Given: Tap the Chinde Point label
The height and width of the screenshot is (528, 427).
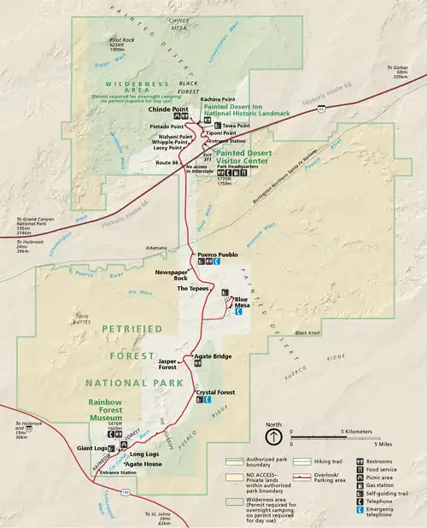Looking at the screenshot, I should pyautogui.click(x=167, y=109).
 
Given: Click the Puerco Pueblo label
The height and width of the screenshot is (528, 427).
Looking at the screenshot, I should pyautogui.click(x=217, y=255).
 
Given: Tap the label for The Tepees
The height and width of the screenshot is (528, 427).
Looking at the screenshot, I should pyautogui.click(x=192, y=289).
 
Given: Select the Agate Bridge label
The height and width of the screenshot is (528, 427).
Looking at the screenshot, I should pyautogui.click(x=213, y=355).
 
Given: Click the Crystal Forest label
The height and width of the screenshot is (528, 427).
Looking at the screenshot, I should pyautogui.click(x=215, y=392).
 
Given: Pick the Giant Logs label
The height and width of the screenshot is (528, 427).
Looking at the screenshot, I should pyautogui.click(x=91, y=447).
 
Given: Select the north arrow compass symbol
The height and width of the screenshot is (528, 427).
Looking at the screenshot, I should pyautogui.click(x=273, y=437).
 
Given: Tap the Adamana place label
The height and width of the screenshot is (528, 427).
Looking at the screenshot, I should pyautogui.click(x=155, y=248).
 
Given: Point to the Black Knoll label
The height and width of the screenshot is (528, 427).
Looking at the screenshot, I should pyautogui.click(x=307, y=332).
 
